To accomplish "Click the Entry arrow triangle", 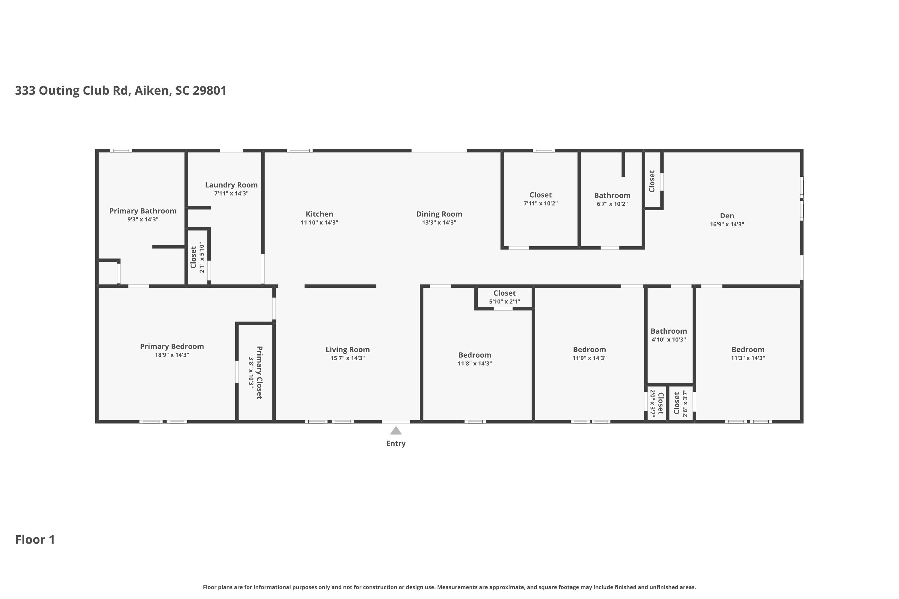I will click(x=396, y=431).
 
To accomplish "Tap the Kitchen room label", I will click(x=319, y=214).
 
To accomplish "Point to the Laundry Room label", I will click(x=231, y=185).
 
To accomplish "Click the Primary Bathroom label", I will click(x=143, y=211).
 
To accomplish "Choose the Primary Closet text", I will click(x=260, y=373).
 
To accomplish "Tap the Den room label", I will click(x=727, y=216).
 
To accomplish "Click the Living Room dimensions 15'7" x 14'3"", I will click(x=347, y=358).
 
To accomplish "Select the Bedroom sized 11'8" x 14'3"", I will click(x=475, y=355).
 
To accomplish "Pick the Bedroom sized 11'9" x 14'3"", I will click(x=589, y=350).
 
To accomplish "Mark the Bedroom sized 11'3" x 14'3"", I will click(x=748, y=350).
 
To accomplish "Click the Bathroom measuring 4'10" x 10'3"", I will click(x=669, y=331).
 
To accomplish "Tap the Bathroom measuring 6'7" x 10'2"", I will click(x=612, y=196).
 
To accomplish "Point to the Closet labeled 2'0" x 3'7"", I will click(x=660, y=403).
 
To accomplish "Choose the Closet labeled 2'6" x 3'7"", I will click(x=677, y=403).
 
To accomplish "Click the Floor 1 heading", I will click(x=35, y=539).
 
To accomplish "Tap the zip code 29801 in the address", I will click(x=209, y=90).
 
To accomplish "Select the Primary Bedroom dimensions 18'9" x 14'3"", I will click(x=172, y=355).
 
